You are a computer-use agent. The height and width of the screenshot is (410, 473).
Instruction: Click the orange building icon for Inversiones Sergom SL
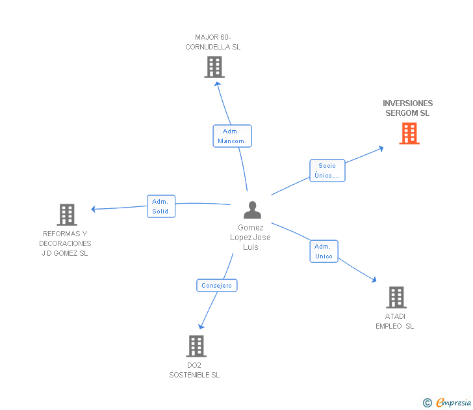click(409, 133)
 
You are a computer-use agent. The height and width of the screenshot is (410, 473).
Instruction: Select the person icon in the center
click(252, 210)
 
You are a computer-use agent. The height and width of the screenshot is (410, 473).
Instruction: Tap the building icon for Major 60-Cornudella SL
click(214, 67)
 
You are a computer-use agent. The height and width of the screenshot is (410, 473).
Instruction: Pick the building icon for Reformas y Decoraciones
click(66, 215)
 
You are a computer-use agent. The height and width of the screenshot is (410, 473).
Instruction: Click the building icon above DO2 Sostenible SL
click(196, 346)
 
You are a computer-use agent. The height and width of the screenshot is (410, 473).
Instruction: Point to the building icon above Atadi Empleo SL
click(396, 297)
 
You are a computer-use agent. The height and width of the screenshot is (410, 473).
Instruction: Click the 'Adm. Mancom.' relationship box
click(232, 136)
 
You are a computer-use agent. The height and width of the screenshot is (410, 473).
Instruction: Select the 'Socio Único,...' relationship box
click(327, 171)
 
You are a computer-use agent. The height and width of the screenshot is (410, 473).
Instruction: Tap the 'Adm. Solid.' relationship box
click(161, 206)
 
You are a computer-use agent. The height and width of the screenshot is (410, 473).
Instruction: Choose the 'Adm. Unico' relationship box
click(324, 251)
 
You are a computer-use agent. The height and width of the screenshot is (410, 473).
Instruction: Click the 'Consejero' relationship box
click(217, 285)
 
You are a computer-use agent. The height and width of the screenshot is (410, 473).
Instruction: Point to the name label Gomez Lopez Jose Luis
click(250, 238)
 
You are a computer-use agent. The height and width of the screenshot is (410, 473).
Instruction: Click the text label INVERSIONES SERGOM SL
click(407, 108)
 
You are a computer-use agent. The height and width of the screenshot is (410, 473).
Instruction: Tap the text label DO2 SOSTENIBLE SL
click(194, 370)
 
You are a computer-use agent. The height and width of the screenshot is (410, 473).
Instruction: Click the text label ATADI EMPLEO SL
click(394, 321)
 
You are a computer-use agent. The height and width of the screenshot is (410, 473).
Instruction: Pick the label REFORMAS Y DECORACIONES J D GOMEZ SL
click(65, 243)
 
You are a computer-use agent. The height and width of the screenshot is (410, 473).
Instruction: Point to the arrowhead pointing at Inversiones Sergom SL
click(381, 148)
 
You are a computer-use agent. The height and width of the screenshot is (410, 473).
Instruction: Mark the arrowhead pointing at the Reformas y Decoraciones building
click(94, 209)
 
